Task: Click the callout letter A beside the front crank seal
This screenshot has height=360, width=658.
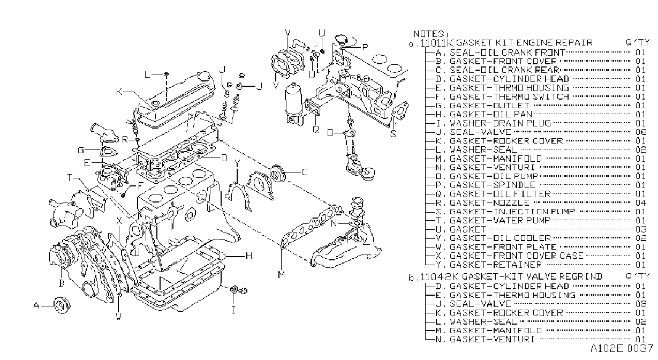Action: (x=36, y=306)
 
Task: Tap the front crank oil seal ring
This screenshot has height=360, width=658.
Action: (x=62, y=306)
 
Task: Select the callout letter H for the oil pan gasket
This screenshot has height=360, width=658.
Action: (x=249, y=256)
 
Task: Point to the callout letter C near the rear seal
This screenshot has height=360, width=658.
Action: (x=305, y=172)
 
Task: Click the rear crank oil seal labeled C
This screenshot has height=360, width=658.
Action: (x=277, y=173)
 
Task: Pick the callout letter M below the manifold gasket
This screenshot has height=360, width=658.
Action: (x=282, y=275)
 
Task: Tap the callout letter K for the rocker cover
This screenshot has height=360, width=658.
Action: (x=119, y=92)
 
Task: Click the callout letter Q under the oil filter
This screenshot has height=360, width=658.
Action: (x=316, y=129)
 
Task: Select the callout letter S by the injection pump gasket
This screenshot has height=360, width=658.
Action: (x=394, y=134)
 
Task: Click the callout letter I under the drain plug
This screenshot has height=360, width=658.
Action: (x=233, y=310)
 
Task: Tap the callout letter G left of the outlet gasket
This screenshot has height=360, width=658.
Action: (x=81, y=151)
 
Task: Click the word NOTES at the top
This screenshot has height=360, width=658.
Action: (x=429, y=34)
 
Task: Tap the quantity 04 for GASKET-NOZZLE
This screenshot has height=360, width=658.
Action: (x=641, y=203)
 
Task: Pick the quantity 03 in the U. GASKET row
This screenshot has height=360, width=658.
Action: (x=641, y=229)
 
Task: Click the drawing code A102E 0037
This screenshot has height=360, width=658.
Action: (x=622, y=349)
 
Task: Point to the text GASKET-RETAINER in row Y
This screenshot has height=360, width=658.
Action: (x=496, y=265)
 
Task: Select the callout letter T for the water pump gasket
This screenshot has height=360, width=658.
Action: (x=70, y=178)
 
